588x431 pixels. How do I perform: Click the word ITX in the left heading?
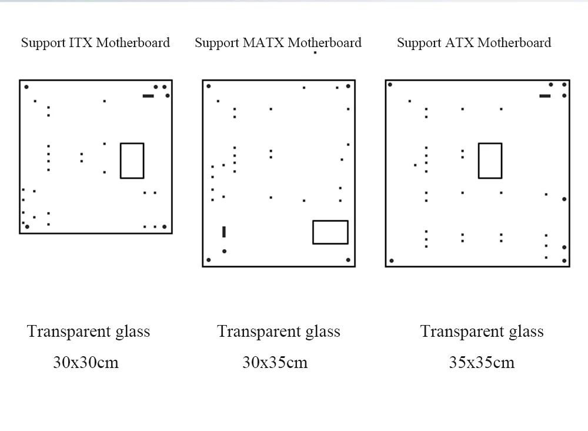pos(81,42)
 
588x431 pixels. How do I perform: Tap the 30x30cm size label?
pos(86,362)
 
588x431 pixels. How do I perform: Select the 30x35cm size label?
pos(275,362)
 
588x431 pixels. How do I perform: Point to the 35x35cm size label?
pos(482,362)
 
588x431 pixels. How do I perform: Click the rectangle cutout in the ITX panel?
pos(132,160)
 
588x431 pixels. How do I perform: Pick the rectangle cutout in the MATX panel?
pos(330,232)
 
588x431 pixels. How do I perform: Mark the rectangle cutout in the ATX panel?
pos(490,160)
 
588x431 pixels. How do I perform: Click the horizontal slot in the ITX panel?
pos(148,95)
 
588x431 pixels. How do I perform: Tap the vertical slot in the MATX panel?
pos(224,231)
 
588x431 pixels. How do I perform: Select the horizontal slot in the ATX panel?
pos(545,95)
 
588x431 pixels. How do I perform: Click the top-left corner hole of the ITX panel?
pos(26,87)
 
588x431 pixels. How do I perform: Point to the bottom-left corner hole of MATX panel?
pos(209,260)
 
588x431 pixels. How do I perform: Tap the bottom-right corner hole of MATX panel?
pos(348,260)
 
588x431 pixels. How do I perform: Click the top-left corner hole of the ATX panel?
pos(390,85)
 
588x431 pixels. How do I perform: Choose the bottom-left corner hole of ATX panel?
pos(392,260)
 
